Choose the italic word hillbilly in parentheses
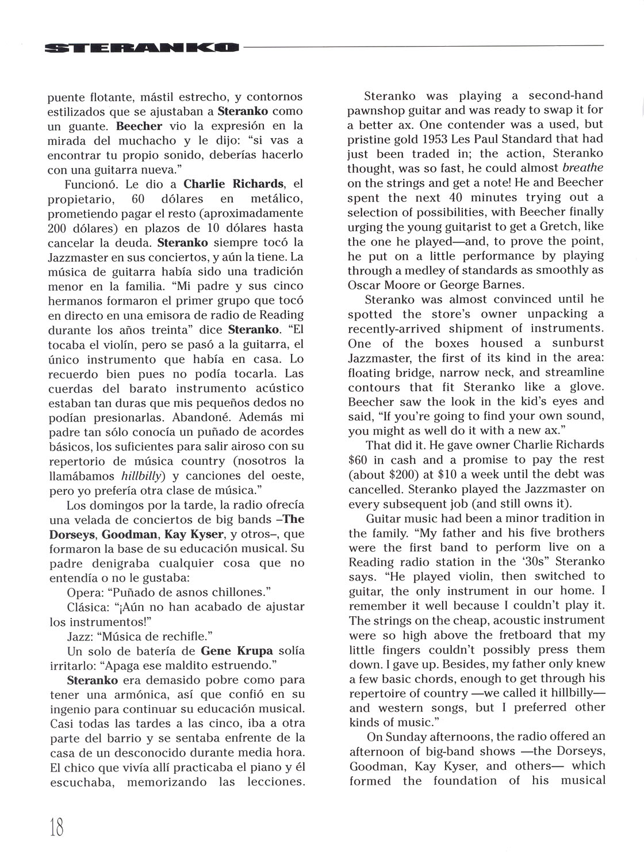(143, 476)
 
